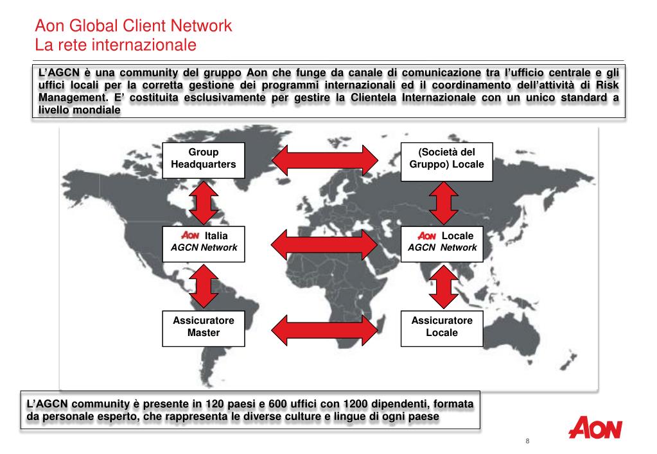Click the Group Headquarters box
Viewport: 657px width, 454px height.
(203, 158)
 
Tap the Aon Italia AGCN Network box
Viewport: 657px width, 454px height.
(203, 242)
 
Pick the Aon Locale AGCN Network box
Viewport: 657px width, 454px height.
(442, 242)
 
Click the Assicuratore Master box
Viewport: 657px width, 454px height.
(203, 327)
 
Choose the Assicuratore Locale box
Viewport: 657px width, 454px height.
(442, 327)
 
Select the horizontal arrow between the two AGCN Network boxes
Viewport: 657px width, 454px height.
(324, 243)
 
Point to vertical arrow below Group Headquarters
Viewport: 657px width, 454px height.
(204, 201)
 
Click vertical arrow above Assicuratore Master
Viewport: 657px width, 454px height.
(204, 286)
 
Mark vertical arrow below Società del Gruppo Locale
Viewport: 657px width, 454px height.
(442, 201)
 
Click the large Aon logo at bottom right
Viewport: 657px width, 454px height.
(595, 428)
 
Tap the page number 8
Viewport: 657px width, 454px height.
(527, 442)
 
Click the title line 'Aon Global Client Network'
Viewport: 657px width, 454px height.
(133, 26)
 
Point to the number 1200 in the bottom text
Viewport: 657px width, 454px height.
(356, 404)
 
